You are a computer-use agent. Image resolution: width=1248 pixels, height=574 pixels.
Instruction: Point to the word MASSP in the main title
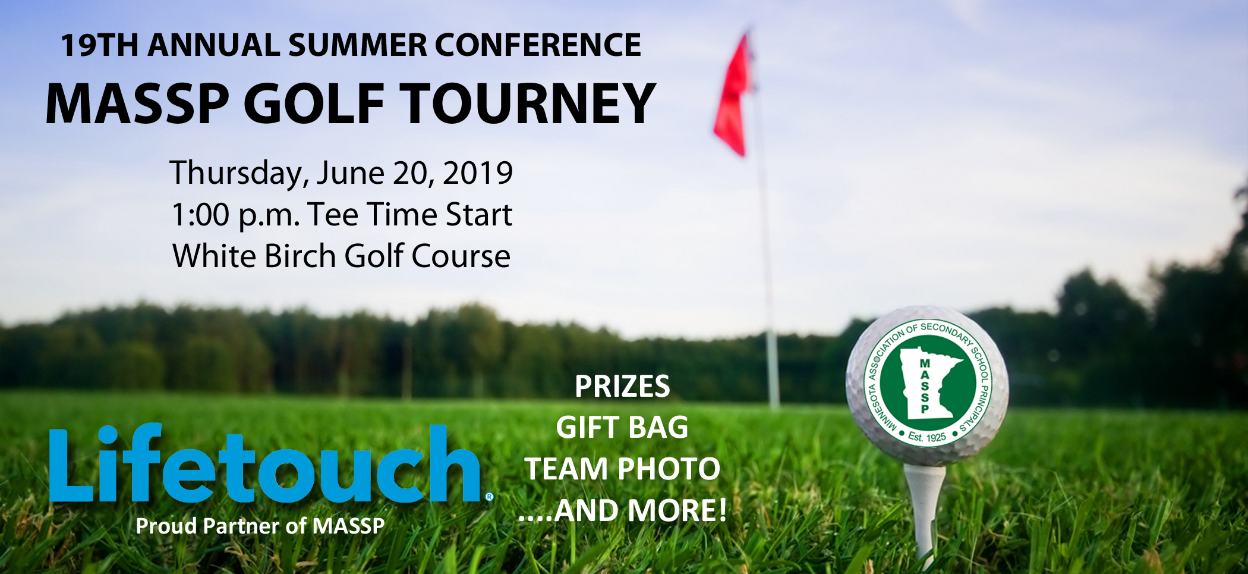pos(137,103)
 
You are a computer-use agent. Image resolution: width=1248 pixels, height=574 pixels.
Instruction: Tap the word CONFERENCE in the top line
pos(538,45)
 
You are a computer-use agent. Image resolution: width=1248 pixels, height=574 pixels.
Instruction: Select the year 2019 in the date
pos(478,173)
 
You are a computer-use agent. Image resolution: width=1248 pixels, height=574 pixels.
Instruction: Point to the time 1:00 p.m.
pos(235,215)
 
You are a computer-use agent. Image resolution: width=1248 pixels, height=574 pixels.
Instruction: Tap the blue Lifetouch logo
pos(265,464)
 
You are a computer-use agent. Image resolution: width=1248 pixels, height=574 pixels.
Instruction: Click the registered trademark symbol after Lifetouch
pos(489,497)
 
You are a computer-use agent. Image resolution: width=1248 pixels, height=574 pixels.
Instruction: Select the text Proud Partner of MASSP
pos(260,526)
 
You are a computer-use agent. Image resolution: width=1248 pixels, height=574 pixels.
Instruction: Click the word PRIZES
pos(622,387)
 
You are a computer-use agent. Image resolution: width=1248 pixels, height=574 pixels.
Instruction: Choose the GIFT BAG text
pos(622,428)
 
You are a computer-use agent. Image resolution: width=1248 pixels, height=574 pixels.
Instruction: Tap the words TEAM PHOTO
pos(622,469)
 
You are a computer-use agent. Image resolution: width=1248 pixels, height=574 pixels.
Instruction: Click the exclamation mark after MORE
pos(722,510)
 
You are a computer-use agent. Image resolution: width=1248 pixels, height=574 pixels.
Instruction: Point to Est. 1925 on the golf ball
pos(926,437)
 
